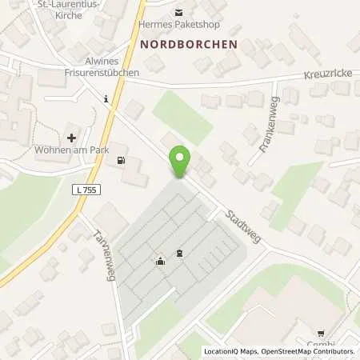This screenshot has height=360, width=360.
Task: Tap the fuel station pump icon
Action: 121,160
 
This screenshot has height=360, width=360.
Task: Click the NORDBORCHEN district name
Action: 189,45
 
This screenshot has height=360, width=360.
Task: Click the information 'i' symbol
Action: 106,98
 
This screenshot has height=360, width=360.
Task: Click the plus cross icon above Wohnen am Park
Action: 72,138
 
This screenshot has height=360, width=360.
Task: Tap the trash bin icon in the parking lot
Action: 178,254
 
